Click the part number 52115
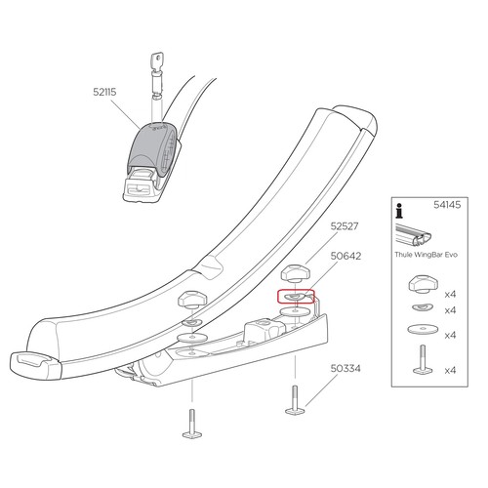(x=104, y=92)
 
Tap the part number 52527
(x=345, y=226)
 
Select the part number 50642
(x=346, y=256)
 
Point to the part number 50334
(x=346, y=369)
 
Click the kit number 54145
(x=447, y=205)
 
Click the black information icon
(x=399, y=211)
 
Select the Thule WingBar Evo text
(x=426, y=255)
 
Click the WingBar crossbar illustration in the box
(x=414, y=235)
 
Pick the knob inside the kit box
(x=423, y=284)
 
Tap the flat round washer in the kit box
(x=423, y=329)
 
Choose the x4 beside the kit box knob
(x=450, y=295)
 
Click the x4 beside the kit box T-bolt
(x=450, y=370)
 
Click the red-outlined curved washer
(x=295, y=297)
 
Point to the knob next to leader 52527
(x=295, y=273)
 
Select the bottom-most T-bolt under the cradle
(x=192, y=424)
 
